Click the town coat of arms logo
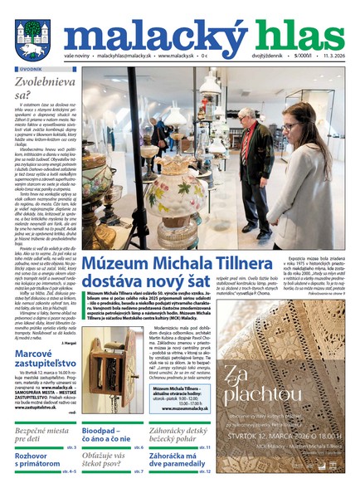pos(32,37)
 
